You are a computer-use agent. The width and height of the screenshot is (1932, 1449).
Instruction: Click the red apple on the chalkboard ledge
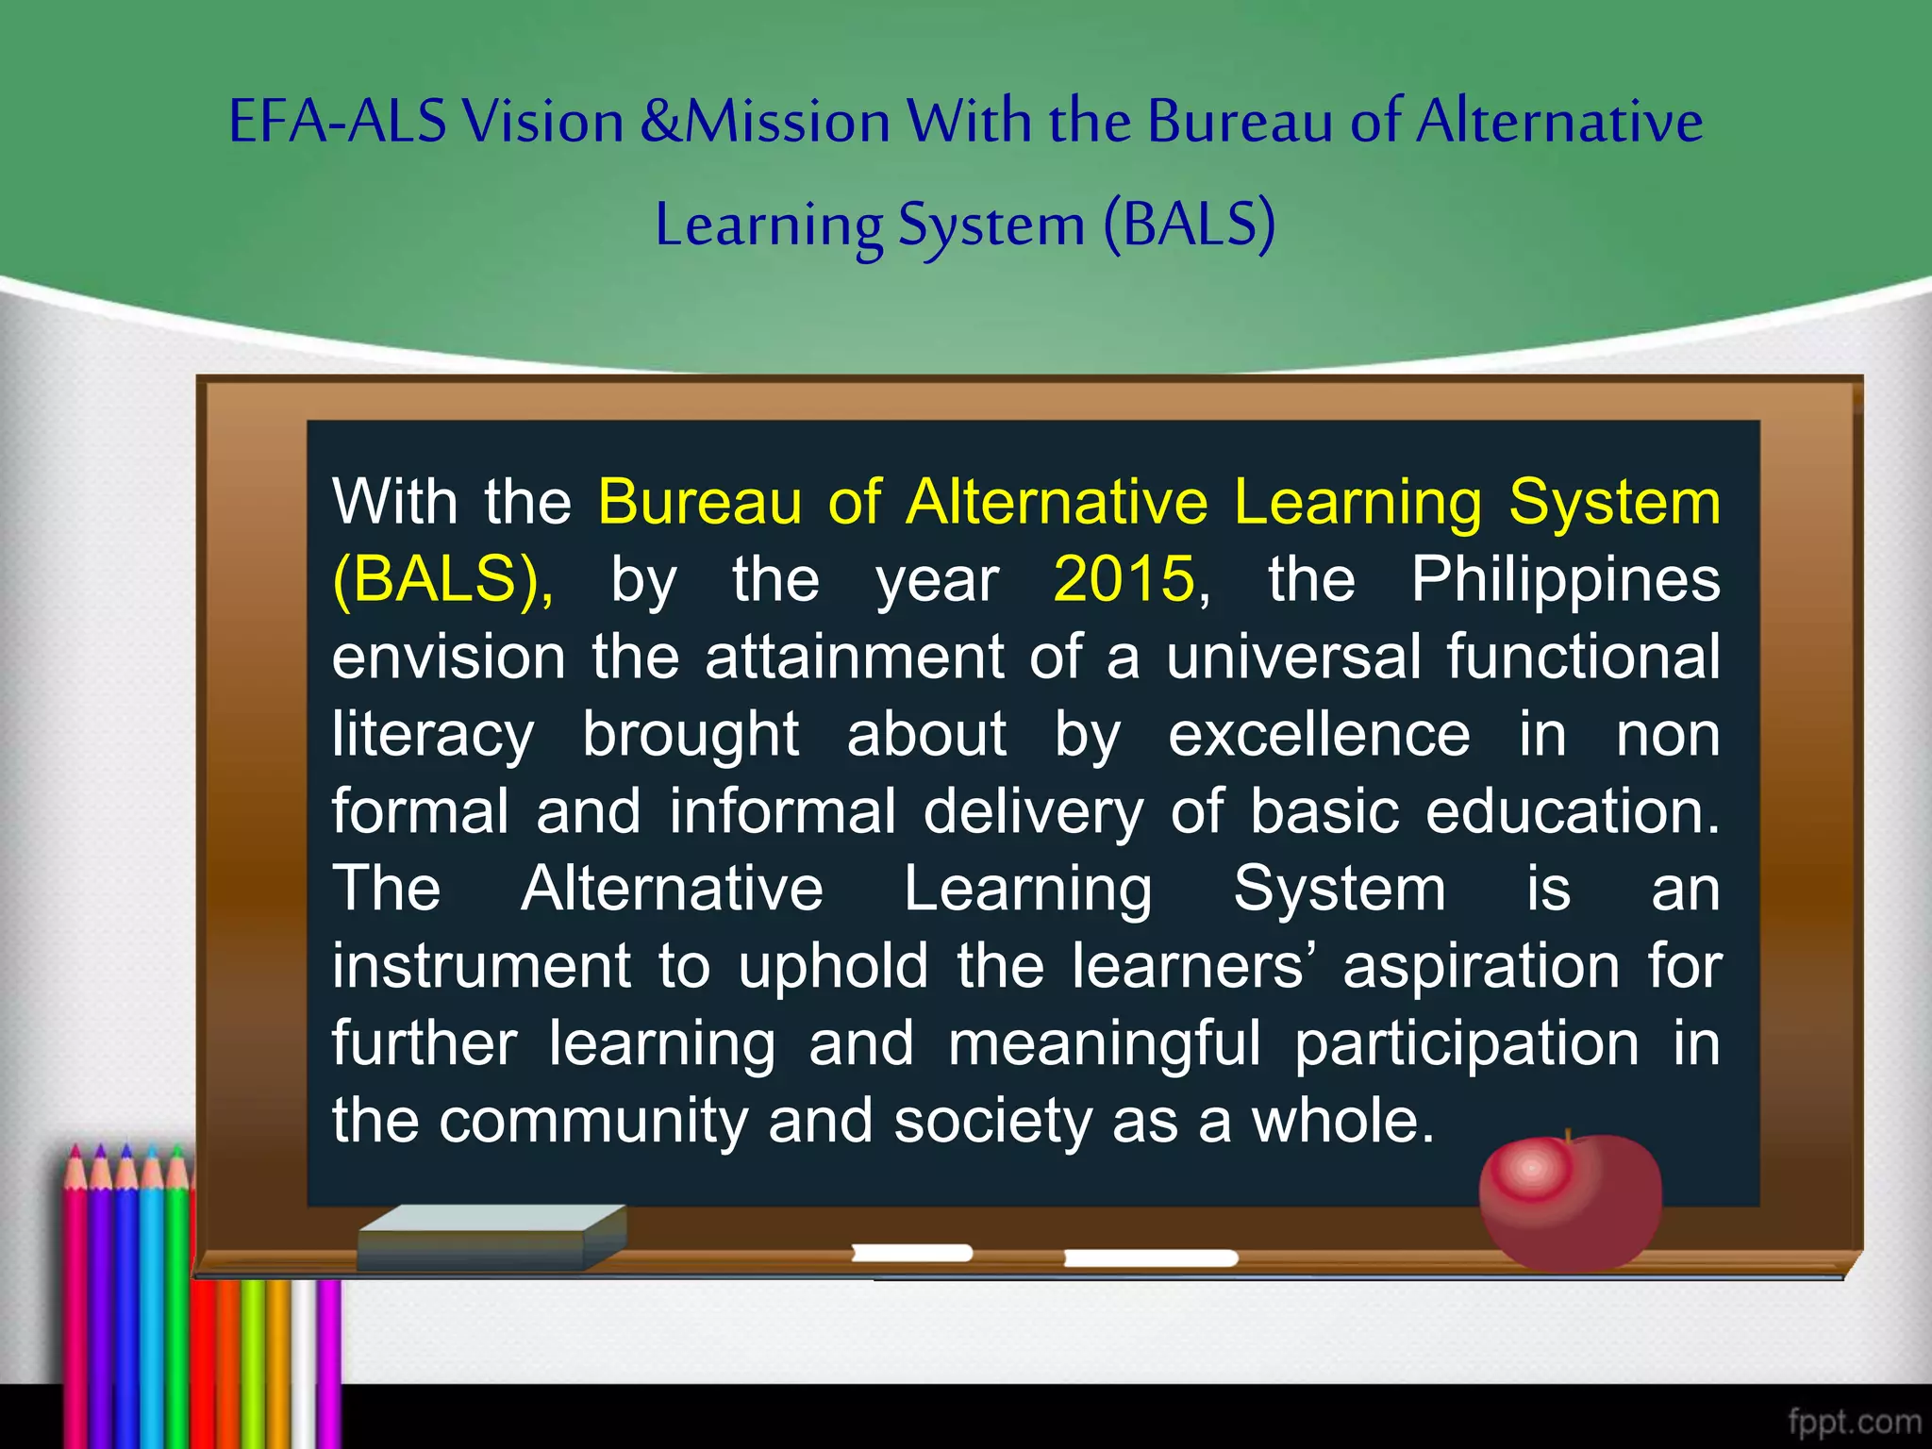click(x=1570, y=1203)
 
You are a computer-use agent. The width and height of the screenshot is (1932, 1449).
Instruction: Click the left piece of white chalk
click(x=911, y=1253)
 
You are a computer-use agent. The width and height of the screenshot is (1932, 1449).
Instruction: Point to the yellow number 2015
click(x=1124, y=578)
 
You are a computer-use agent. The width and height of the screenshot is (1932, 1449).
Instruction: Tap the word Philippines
click(x=1565, y=578)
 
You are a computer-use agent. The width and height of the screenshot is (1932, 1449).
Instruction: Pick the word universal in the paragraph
click(x=1293, y=656)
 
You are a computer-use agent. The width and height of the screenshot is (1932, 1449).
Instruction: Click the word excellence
click(x=1319, y=733)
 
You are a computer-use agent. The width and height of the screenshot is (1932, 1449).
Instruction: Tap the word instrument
click(x=481, y=966)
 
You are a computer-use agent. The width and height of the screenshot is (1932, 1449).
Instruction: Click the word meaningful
click(x=1104, y=1043)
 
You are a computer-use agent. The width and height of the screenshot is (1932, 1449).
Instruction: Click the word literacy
click(x=433, y=733)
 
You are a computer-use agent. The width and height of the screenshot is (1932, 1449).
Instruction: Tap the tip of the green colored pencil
click(x=176, y=1152)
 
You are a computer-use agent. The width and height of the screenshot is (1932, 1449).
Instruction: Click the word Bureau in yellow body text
click(x=700, y=501)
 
